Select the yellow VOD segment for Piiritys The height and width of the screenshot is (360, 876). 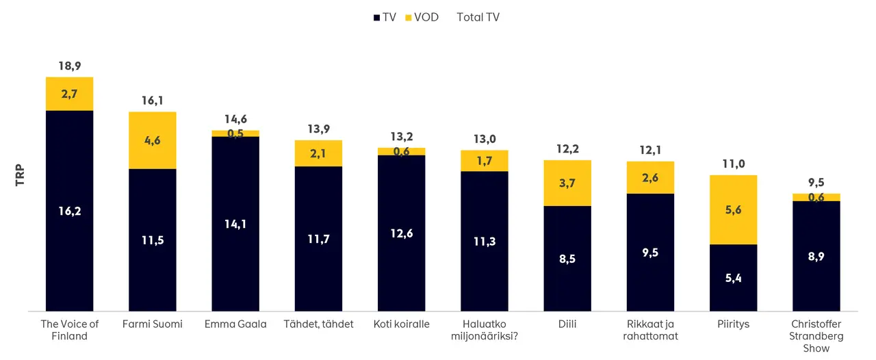(733, 209)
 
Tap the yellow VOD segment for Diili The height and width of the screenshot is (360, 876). (567, 183)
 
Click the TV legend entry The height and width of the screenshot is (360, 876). (385, 17)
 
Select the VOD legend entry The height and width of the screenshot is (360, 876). (422, 17)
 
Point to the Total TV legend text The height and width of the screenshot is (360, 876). (478, 17)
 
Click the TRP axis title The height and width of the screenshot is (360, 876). (20, 175)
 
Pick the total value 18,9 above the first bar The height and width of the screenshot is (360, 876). (70, 66)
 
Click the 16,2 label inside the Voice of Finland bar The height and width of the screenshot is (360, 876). (70, 211)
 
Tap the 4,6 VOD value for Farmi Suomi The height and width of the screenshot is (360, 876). (153, 140)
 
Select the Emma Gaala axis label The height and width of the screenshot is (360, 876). (235, 324)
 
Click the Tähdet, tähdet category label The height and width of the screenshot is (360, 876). (318, 324)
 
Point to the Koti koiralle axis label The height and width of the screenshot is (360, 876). (402, 324)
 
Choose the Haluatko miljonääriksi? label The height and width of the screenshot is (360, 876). (485, 329)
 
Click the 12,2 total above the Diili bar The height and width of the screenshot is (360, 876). (567, 149)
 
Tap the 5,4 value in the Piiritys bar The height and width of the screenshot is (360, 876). (733, 278)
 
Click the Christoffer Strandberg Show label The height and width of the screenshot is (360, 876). (816, 335)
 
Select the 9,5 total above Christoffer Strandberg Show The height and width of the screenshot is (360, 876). (816, 183)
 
